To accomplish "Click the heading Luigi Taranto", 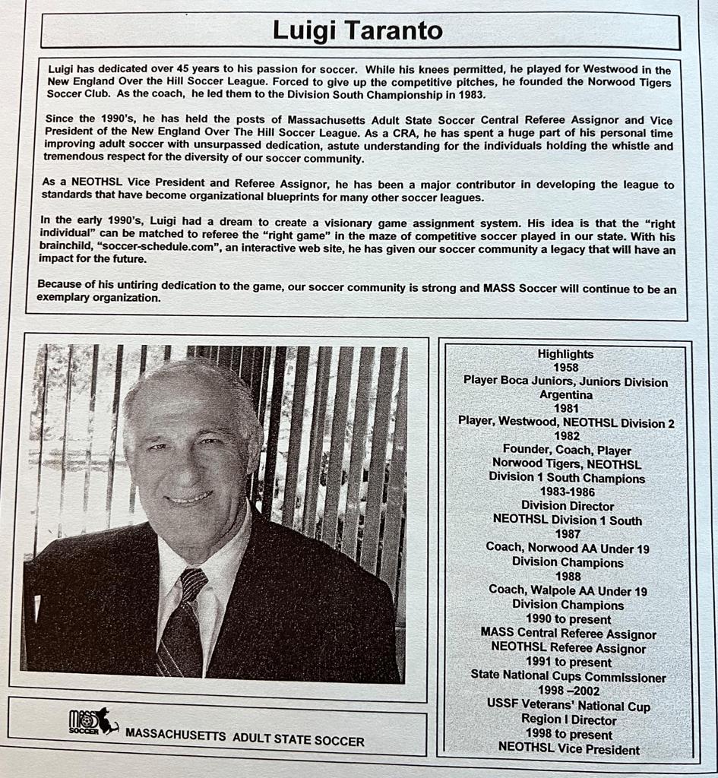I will pyautogui.click(x=358, y=31).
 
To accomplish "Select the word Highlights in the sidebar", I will pyautogui.click(x=565, y=354).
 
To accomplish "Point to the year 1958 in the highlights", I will pyautogui.click(x=565, y=368).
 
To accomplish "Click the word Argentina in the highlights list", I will pyautogui.click(x=565, y=395).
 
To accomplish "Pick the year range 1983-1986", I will pyautogui.click(x=565, y=492).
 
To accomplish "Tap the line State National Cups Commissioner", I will pyautogui.click(x=568, y=677).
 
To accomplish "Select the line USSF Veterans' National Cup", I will pyautogui.click(x=568, y=705).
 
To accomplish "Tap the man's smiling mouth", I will pyautogui.click(x=188, y=499).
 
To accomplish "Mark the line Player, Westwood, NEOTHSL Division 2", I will pyautogui.click(x=566, y=422).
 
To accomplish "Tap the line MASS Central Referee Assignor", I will pyautogui.click(x=568, y=634).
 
